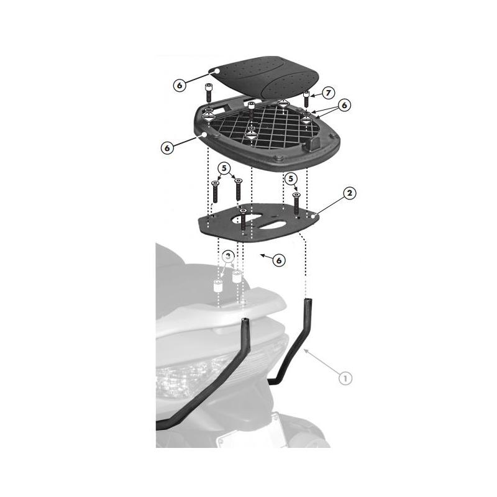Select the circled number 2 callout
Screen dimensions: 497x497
coord(350,193)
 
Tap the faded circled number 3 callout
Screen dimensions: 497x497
coord(229,256)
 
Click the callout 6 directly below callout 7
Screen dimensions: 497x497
coord(344,106)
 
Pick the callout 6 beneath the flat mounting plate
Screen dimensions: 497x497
coord(279,261)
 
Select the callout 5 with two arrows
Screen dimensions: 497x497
coord(224,168)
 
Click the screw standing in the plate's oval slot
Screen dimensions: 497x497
coord(242,221)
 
